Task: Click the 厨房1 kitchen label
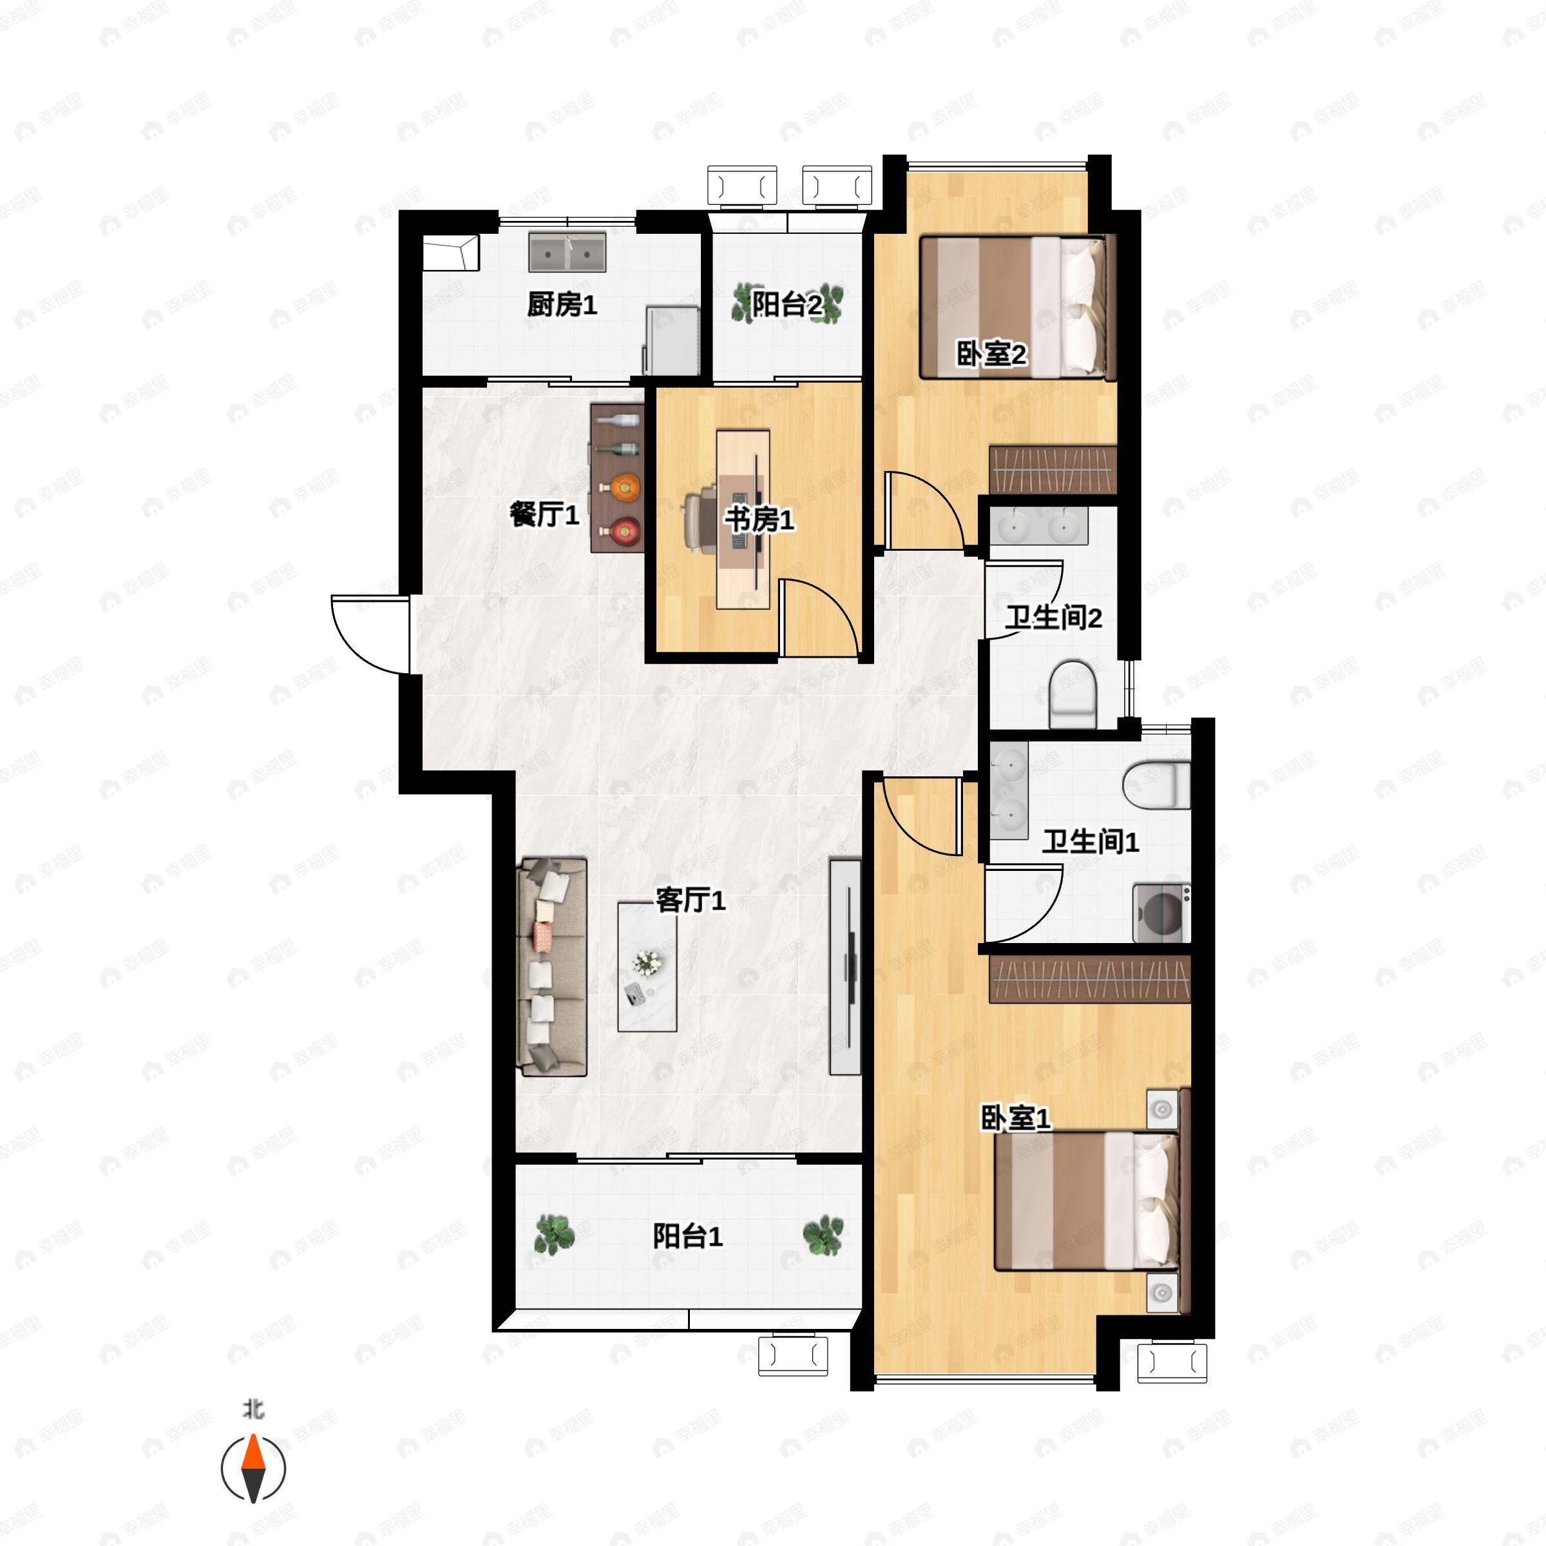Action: click(562, 305)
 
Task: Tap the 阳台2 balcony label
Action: click(787, 304)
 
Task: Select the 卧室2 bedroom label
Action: click(991, 353)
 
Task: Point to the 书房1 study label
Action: click(759, 519)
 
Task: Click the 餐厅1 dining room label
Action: click(544, 514)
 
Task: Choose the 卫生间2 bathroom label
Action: click(1054, 617)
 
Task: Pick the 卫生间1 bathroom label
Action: click(1090, 841)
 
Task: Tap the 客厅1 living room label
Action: click(691, 901)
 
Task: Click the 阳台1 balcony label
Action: click(687, 1236)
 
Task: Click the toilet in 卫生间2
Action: click(1073, 694)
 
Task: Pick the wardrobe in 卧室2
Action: click(1053, 470)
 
